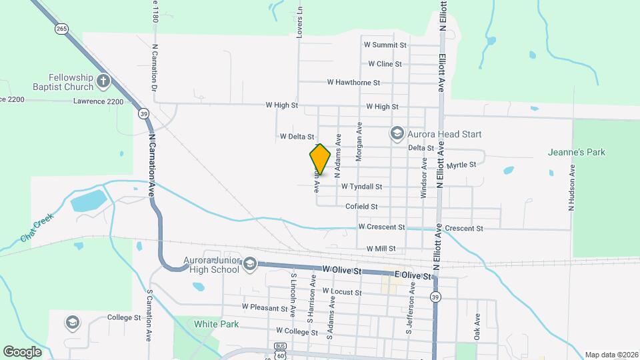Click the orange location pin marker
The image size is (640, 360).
pyautogui.click(x=320, y=159)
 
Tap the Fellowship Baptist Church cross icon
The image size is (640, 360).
pyautogui.click(x=103, y=81)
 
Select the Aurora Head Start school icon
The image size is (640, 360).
pyautogui.click(x=397, y=134)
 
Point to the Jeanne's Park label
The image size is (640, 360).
pyautogui.click(x=576, y=153)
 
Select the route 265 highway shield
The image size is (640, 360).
pyautogui.click(x=61, y=29)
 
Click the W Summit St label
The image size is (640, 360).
pyautogui.click(x=385, y=45)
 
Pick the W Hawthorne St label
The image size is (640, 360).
pyautogui.click(x=353, y=83)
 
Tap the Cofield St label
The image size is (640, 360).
pyautogui.click(x=361, y=207)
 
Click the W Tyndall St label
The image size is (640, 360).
pyautogui.click(x=361, y=187)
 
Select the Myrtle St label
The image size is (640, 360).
pyautogui.click(x=461, y=165)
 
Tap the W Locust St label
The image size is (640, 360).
pyautogui.click(x=342, y=292)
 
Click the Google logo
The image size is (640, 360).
pyautogui.click(x=22, y=352)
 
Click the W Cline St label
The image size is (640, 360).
pyautogui.click(x=385, y=64)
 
